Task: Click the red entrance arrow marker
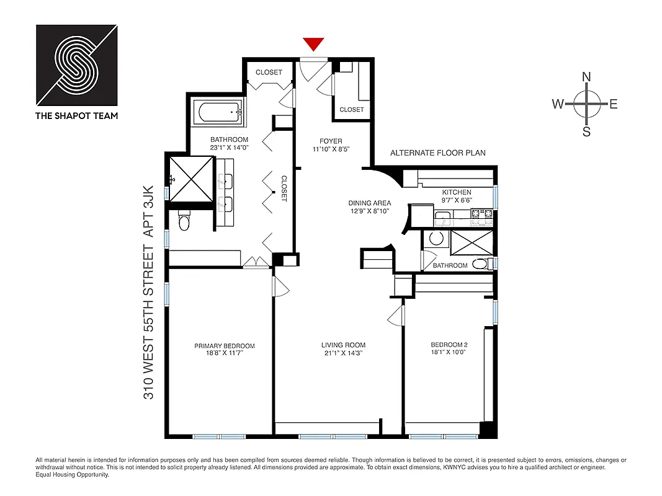pyautogui.click(x=314, y=44)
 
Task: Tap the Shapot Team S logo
pyautogui.click(x=76, y=65)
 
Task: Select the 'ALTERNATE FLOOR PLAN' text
pyautogui.click(x=437, y=153)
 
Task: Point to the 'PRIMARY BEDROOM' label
pyautogui.click(x=224, y=346)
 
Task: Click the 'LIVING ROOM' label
pyautogui.click(x=343, y=345)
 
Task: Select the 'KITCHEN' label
pyautogui.click(x=456, y=193)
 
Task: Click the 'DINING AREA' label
pyautogui.click(x=369, y=203)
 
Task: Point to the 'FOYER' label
pyautogui.click(x=331, y=141)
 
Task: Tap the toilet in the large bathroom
pyautogui.click(x=184, y=220)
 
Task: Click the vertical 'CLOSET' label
pyautogui.click(x=284, y=188)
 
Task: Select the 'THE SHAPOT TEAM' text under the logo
pyautogui.click(x=76, y=115)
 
